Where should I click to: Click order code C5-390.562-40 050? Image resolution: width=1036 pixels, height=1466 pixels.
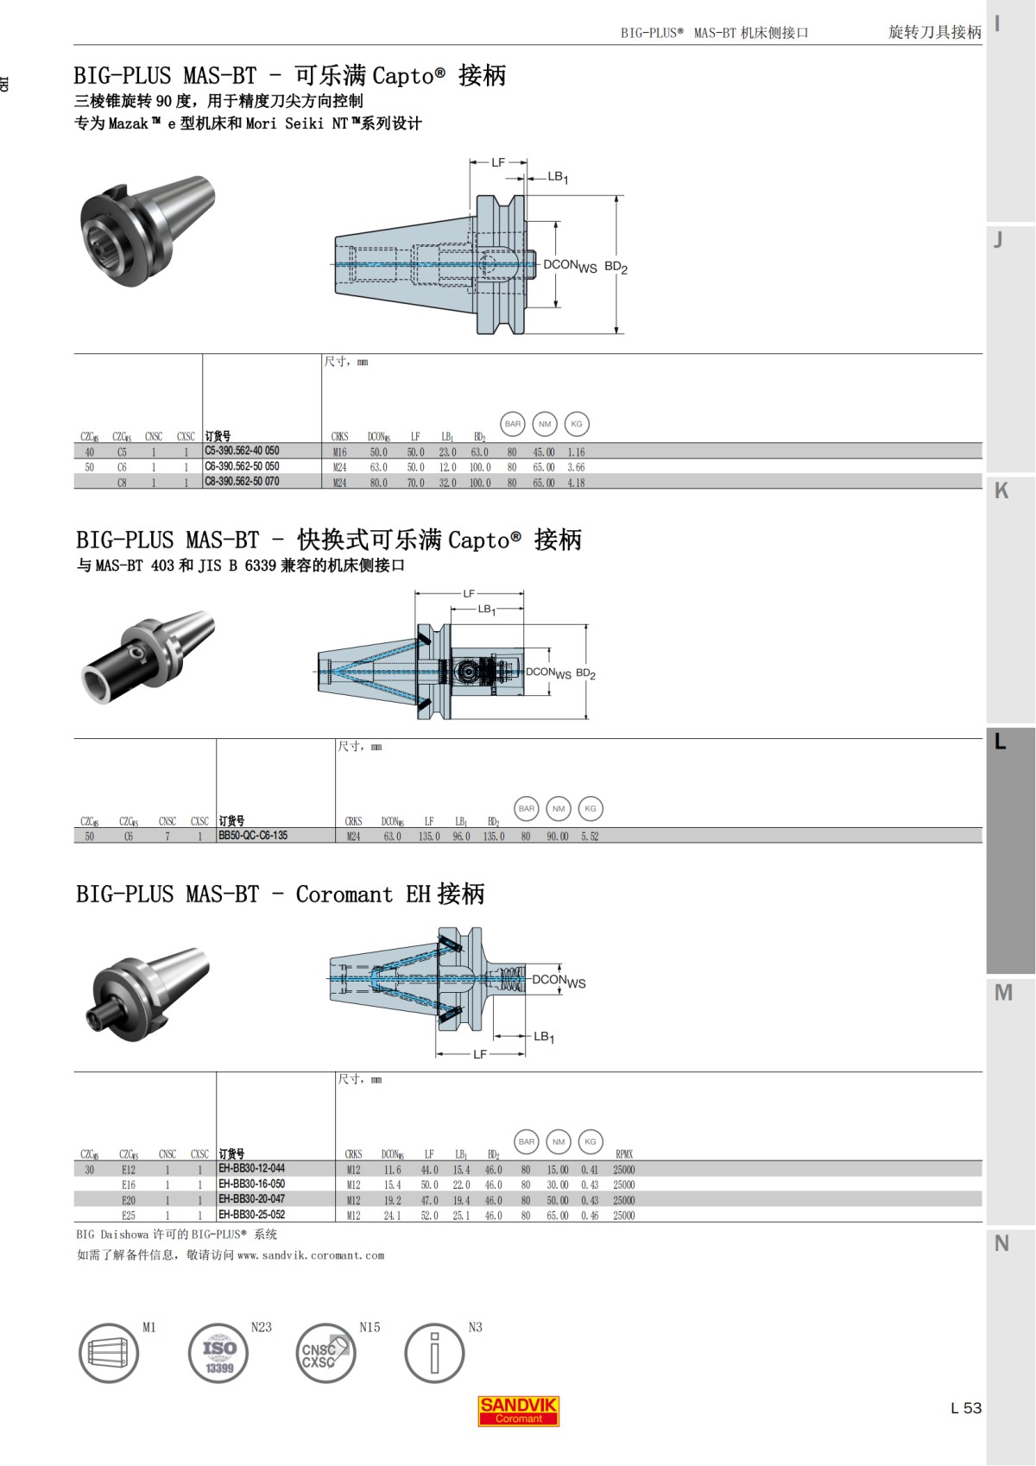242,451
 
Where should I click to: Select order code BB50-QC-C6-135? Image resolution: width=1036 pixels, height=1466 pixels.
253,836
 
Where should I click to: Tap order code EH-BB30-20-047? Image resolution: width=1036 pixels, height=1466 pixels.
251,1199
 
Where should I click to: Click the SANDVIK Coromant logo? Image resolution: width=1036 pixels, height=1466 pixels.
519,1411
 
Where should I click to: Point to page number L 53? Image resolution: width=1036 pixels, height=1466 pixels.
965,1408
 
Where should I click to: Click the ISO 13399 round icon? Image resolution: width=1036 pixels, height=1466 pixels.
219,1353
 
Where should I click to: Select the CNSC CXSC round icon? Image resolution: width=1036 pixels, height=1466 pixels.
325,1354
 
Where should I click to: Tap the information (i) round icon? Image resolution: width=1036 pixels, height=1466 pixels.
434,1353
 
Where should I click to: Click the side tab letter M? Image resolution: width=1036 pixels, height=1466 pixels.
1002,993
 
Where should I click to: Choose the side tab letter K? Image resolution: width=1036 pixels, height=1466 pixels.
1001,491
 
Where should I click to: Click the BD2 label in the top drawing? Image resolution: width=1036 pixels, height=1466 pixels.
616,267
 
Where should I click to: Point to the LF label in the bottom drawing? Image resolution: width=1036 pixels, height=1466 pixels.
480,1054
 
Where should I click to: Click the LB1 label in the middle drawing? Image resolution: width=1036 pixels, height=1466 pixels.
487,610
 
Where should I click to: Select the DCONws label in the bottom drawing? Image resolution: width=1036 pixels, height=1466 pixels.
558,981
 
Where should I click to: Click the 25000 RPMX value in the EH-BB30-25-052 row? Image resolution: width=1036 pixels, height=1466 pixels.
623,1216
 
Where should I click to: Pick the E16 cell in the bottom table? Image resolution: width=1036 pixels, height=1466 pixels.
129,1185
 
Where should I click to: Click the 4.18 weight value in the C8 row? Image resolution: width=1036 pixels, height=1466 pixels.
576,483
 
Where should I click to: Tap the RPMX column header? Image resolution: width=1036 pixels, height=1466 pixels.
624,1154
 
